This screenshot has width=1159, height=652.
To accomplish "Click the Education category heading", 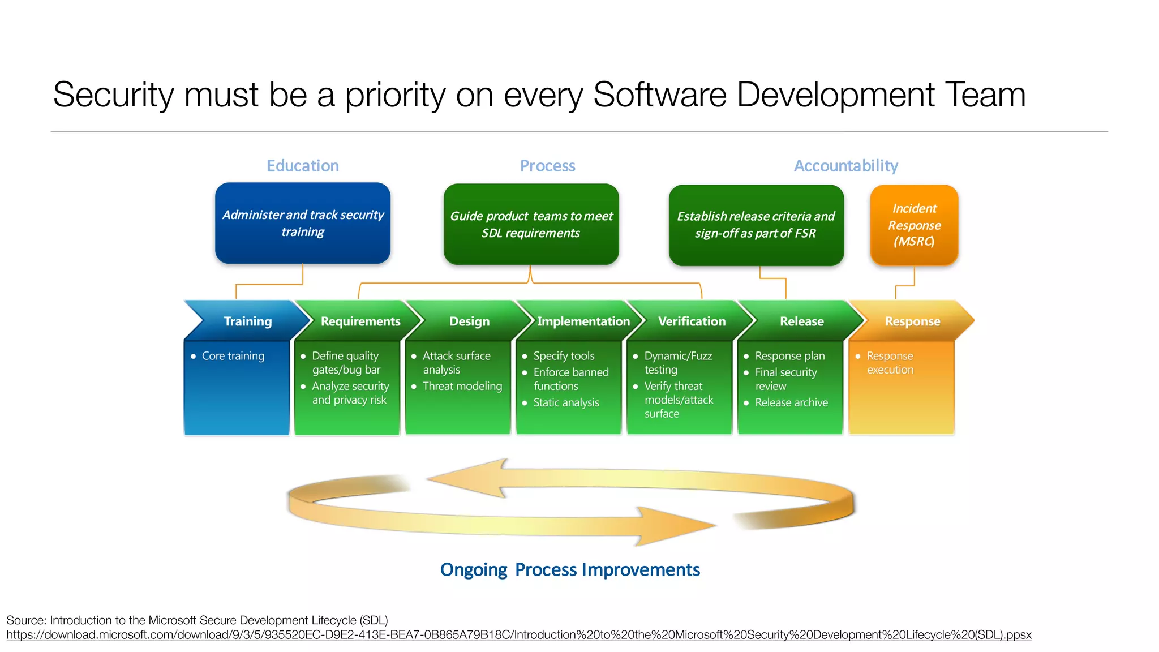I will [303, 166].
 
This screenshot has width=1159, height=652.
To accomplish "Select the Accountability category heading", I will [845, 166].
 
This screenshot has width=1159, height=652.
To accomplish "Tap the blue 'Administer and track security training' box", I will [303, 223].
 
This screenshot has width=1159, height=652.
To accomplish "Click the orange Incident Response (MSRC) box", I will [914, 225].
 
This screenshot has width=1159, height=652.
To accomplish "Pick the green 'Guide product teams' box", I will [531, 224].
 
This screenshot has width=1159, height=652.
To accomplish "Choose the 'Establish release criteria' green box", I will [756, 225].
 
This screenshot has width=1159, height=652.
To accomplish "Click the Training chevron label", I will [248, 321].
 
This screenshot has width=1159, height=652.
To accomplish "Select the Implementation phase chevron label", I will [583, 321].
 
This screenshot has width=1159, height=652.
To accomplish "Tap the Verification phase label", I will [692, 321].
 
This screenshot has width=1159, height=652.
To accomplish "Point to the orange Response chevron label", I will [912, 321].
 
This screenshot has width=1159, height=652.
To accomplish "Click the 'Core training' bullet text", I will [233, 356].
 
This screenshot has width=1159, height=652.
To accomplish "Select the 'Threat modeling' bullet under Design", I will [462, 386].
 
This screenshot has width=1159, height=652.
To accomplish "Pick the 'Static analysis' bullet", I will [566, 402].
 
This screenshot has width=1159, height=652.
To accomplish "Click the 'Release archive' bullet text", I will [791, 402].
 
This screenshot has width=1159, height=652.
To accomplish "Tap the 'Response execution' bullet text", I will [890, 363].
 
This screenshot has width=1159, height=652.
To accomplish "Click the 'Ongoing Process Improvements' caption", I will [570, 569].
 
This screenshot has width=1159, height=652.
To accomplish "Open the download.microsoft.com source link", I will [518, 635].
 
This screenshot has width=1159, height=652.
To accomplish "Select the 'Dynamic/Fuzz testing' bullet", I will [677, 363].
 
